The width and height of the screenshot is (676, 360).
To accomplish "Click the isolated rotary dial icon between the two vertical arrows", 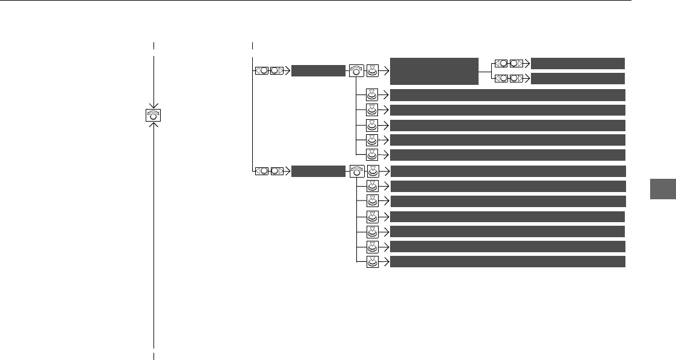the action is [154, 116].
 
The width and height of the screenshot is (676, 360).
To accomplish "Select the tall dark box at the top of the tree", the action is [434, 71].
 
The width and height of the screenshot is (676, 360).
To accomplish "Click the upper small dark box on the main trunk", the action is [317, 71].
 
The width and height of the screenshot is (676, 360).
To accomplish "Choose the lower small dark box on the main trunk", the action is [317, 171].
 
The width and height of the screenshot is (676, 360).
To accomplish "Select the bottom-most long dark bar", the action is [507, 261].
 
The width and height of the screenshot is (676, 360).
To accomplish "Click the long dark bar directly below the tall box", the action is [507, 95].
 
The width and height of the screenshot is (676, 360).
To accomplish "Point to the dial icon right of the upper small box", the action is [356, 71].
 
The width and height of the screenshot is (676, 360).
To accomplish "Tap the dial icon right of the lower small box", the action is [356, 171].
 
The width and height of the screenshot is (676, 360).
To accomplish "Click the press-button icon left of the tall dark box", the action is [373, 71].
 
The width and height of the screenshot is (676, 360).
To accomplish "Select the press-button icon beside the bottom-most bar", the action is [373, 261].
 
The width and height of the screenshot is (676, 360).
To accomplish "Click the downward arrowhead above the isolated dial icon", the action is [154, 105].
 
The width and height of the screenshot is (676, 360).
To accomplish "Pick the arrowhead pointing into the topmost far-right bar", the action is [527, 63].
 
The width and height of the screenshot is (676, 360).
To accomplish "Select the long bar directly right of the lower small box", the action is [507, 171].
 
